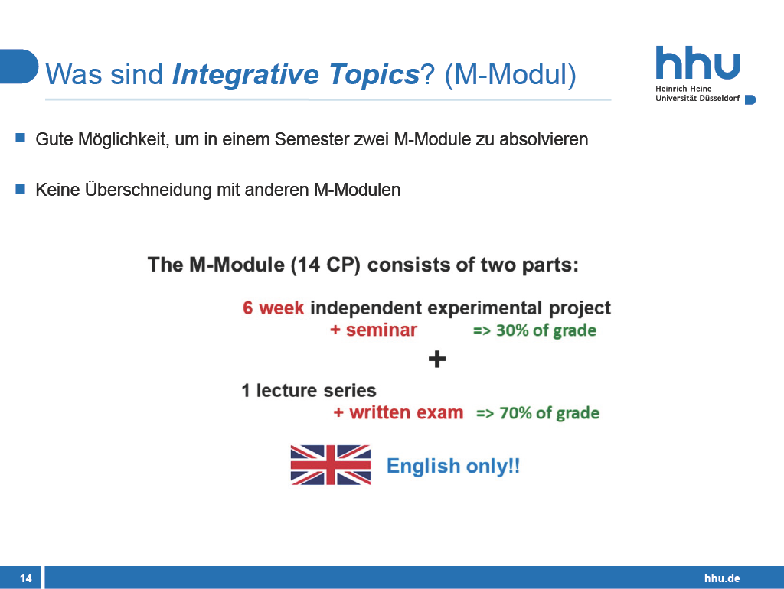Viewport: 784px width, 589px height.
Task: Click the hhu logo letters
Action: [x=698, y=63]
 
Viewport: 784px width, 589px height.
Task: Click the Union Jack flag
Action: [x=331, y=465]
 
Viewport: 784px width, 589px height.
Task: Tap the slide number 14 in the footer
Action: [x=26, y=578]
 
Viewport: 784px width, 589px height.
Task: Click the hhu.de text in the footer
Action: [x=722, y=578]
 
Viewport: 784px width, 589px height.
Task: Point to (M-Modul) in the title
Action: [x=510, y=75]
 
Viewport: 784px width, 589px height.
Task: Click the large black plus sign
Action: [x=437, y=360]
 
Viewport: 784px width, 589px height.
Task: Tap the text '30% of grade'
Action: [x=546, y=330]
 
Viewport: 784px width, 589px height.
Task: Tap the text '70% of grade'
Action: [x=549, y=413]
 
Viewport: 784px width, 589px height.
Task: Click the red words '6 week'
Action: [x=273, y=308]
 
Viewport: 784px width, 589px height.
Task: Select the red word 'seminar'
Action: [x=381, y=330]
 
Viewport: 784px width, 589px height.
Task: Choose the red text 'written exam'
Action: [x=407, y=412]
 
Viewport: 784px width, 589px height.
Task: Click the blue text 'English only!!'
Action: [x=453, y=466]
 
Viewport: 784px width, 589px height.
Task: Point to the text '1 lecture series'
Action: [x=309, y=390]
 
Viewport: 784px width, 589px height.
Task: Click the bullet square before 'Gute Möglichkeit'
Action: [x=21, y=138]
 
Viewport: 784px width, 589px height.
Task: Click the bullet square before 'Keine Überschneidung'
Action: [x=21, y=188]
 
